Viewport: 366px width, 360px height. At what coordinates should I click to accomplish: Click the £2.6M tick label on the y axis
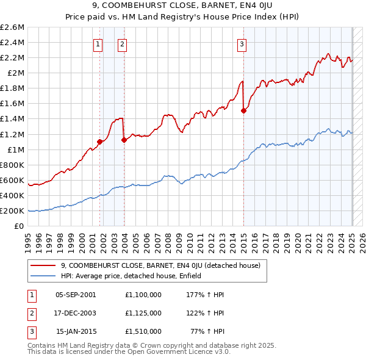point(13,27)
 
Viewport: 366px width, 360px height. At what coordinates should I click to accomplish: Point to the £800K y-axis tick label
point(13,165)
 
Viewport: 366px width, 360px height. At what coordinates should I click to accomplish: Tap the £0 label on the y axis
point(20,226)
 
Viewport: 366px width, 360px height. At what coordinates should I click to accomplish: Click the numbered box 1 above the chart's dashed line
point(98,43)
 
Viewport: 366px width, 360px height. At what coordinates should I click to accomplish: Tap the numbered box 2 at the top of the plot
point(122,43)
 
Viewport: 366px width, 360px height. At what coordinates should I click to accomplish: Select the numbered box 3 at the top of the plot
point(242,43)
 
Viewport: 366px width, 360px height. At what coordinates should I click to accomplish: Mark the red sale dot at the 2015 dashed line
point(243,110)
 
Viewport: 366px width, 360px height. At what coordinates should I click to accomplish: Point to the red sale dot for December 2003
point(124,140)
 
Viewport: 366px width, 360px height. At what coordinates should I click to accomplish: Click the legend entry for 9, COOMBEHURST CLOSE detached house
point(161,265)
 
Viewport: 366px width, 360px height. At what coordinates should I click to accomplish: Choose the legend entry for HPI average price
point(135,276)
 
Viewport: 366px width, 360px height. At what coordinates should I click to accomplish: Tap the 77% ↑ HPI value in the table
point(207,332)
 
